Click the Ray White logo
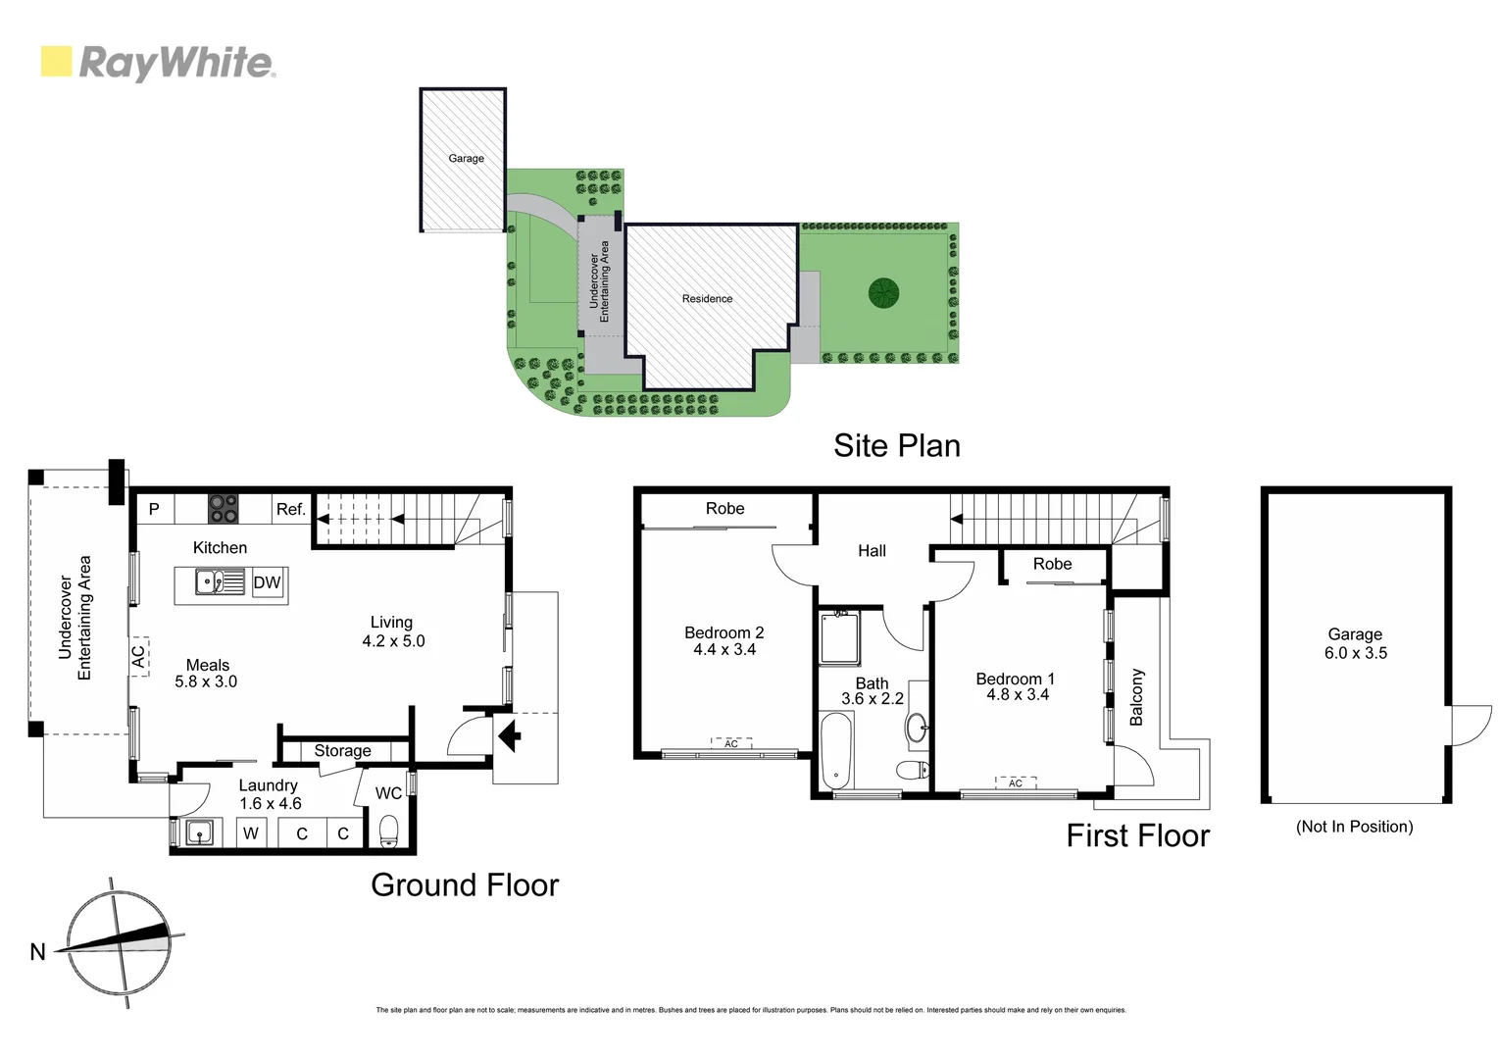point(158,63)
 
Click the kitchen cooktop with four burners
point(223,509)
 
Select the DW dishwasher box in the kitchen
point(267,582)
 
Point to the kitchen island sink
point(210,582)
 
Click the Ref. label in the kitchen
point(290,509)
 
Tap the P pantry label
point(154,509)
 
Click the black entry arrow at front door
point(510,734)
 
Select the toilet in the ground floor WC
point(389,831)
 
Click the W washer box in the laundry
point(251,833)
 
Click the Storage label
point(342,751)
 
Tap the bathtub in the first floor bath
point(836,751)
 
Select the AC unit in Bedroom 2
point(731,744)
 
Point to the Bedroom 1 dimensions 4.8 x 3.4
point(1017,695)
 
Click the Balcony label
point(1136,697)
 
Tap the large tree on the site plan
point(882,292)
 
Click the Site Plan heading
point(896,445)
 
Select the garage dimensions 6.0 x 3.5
point(1355,653)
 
